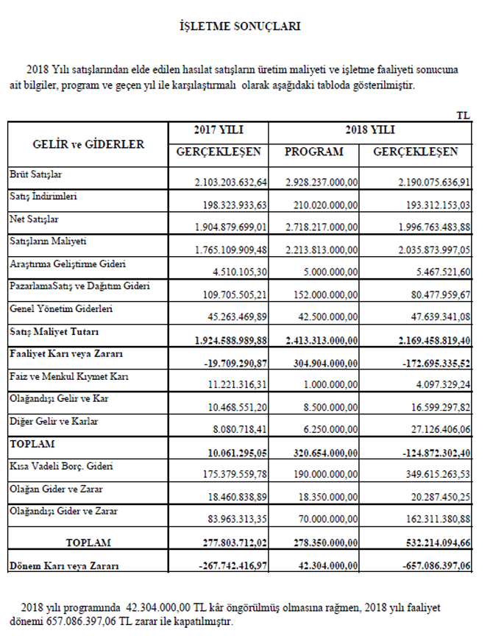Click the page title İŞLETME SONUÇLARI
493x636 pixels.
tap(240, 26)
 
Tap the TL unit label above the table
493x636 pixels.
tap(463, 116)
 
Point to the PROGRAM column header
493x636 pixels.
tap(314, 152)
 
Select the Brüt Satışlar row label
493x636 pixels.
tap(35, 174)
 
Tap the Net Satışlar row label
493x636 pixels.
tap(34, 219)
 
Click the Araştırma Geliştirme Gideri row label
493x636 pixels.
tap(68, 263)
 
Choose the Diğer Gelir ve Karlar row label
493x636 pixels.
tap(53, 422)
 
